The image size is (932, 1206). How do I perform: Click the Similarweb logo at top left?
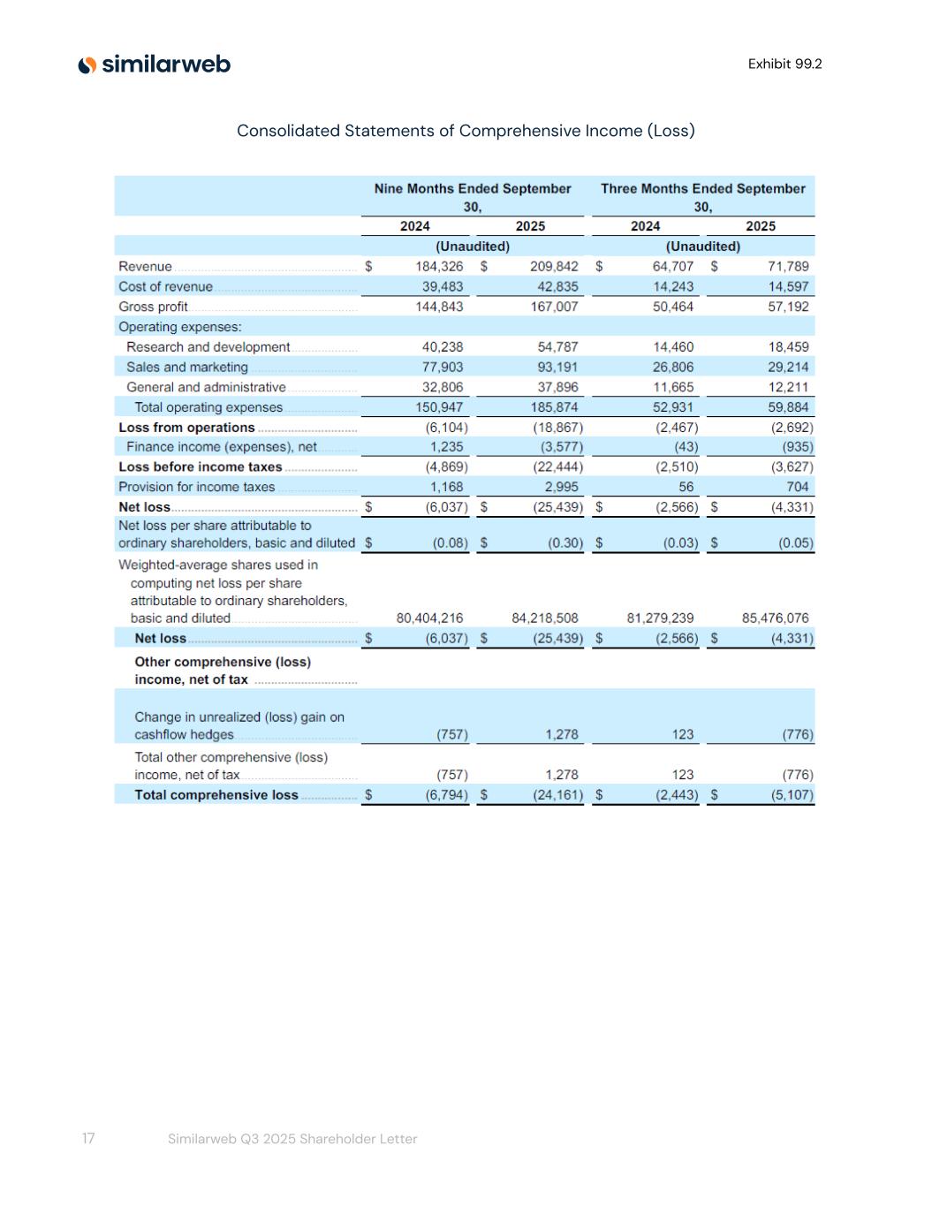pos(155,64)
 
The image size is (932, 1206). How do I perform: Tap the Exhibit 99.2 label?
pos(784,64)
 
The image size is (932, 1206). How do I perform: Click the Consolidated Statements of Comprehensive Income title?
pos(466,131)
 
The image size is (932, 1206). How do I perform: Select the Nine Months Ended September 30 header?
pos(473,197)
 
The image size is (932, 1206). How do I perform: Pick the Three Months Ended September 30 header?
pos(702,197)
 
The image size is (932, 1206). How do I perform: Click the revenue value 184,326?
pos(439,266)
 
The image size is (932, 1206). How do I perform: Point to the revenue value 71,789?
pos(788,266)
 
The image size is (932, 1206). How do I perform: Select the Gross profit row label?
pos(153,307)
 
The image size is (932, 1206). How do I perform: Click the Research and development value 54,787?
pos(557,347)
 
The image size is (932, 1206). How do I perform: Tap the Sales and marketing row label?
pos(186,367)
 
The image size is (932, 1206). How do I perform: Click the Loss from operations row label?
pos(186,428)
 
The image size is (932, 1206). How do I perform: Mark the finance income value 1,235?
pos(446,447)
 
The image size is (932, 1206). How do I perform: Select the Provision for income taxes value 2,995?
pos(561,487)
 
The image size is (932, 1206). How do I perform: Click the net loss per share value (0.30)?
pos(565,543)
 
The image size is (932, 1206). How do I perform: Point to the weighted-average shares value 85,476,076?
pos(775,618)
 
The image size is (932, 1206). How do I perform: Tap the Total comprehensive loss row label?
pos(216,795)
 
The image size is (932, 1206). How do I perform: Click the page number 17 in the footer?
pos(88,1139)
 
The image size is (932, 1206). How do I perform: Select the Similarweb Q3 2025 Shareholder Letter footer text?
pos(292,1139)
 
